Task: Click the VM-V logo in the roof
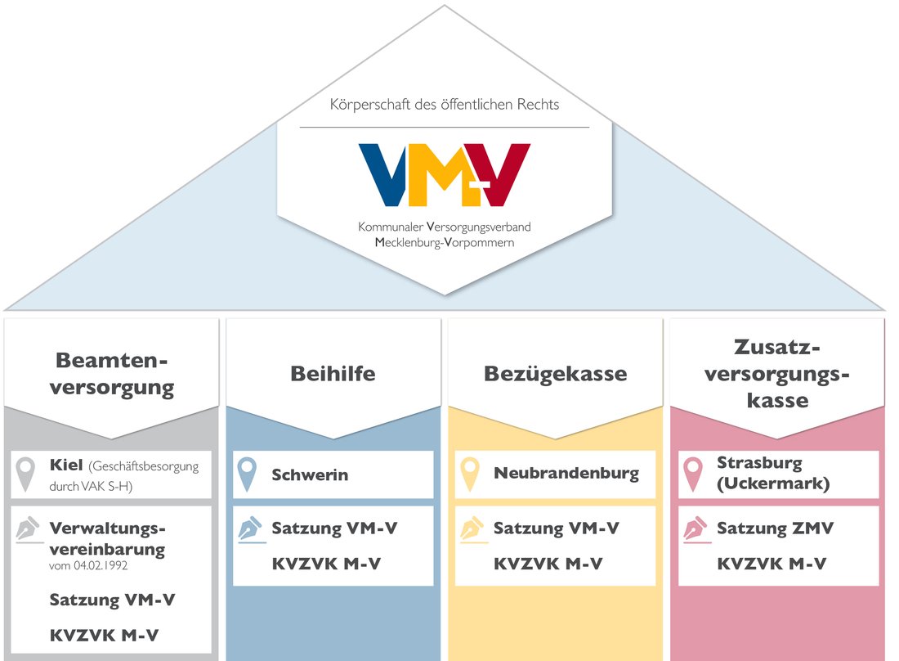click(444, 174)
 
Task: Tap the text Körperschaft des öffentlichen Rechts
click(444, 105)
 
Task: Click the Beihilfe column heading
click(333, 374)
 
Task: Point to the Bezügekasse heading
click(555, 374)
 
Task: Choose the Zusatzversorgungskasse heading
click(778, 374)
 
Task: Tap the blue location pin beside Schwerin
click(248, 474)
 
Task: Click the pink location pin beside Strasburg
click(694, 474)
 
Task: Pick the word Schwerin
click(310, 474)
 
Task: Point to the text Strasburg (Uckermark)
click(773, 474)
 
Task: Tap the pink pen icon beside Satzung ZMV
click(694, 530)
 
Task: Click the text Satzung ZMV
click(775, 528)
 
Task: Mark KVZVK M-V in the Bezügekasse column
click(548, 564)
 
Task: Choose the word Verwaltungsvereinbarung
click(107, 538)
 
